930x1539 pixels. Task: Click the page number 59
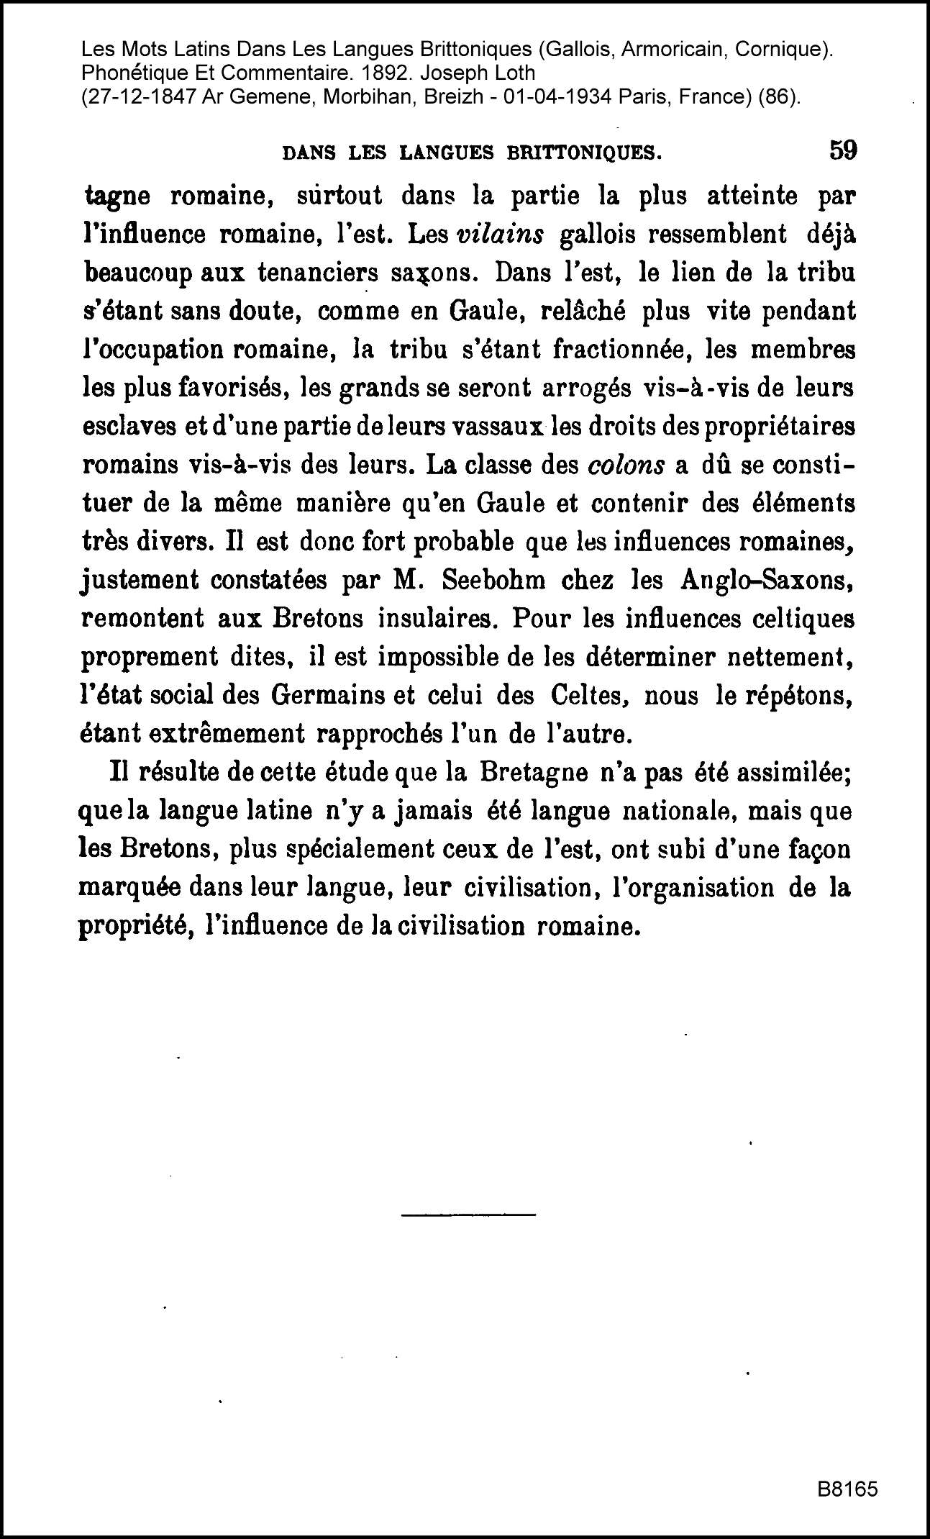[843, 151]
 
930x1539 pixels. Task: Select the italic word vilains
[500, 235]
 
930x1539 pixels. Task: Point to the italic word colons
[626, 465]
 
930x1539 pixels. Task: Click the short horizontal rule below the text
[468, 1215]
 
